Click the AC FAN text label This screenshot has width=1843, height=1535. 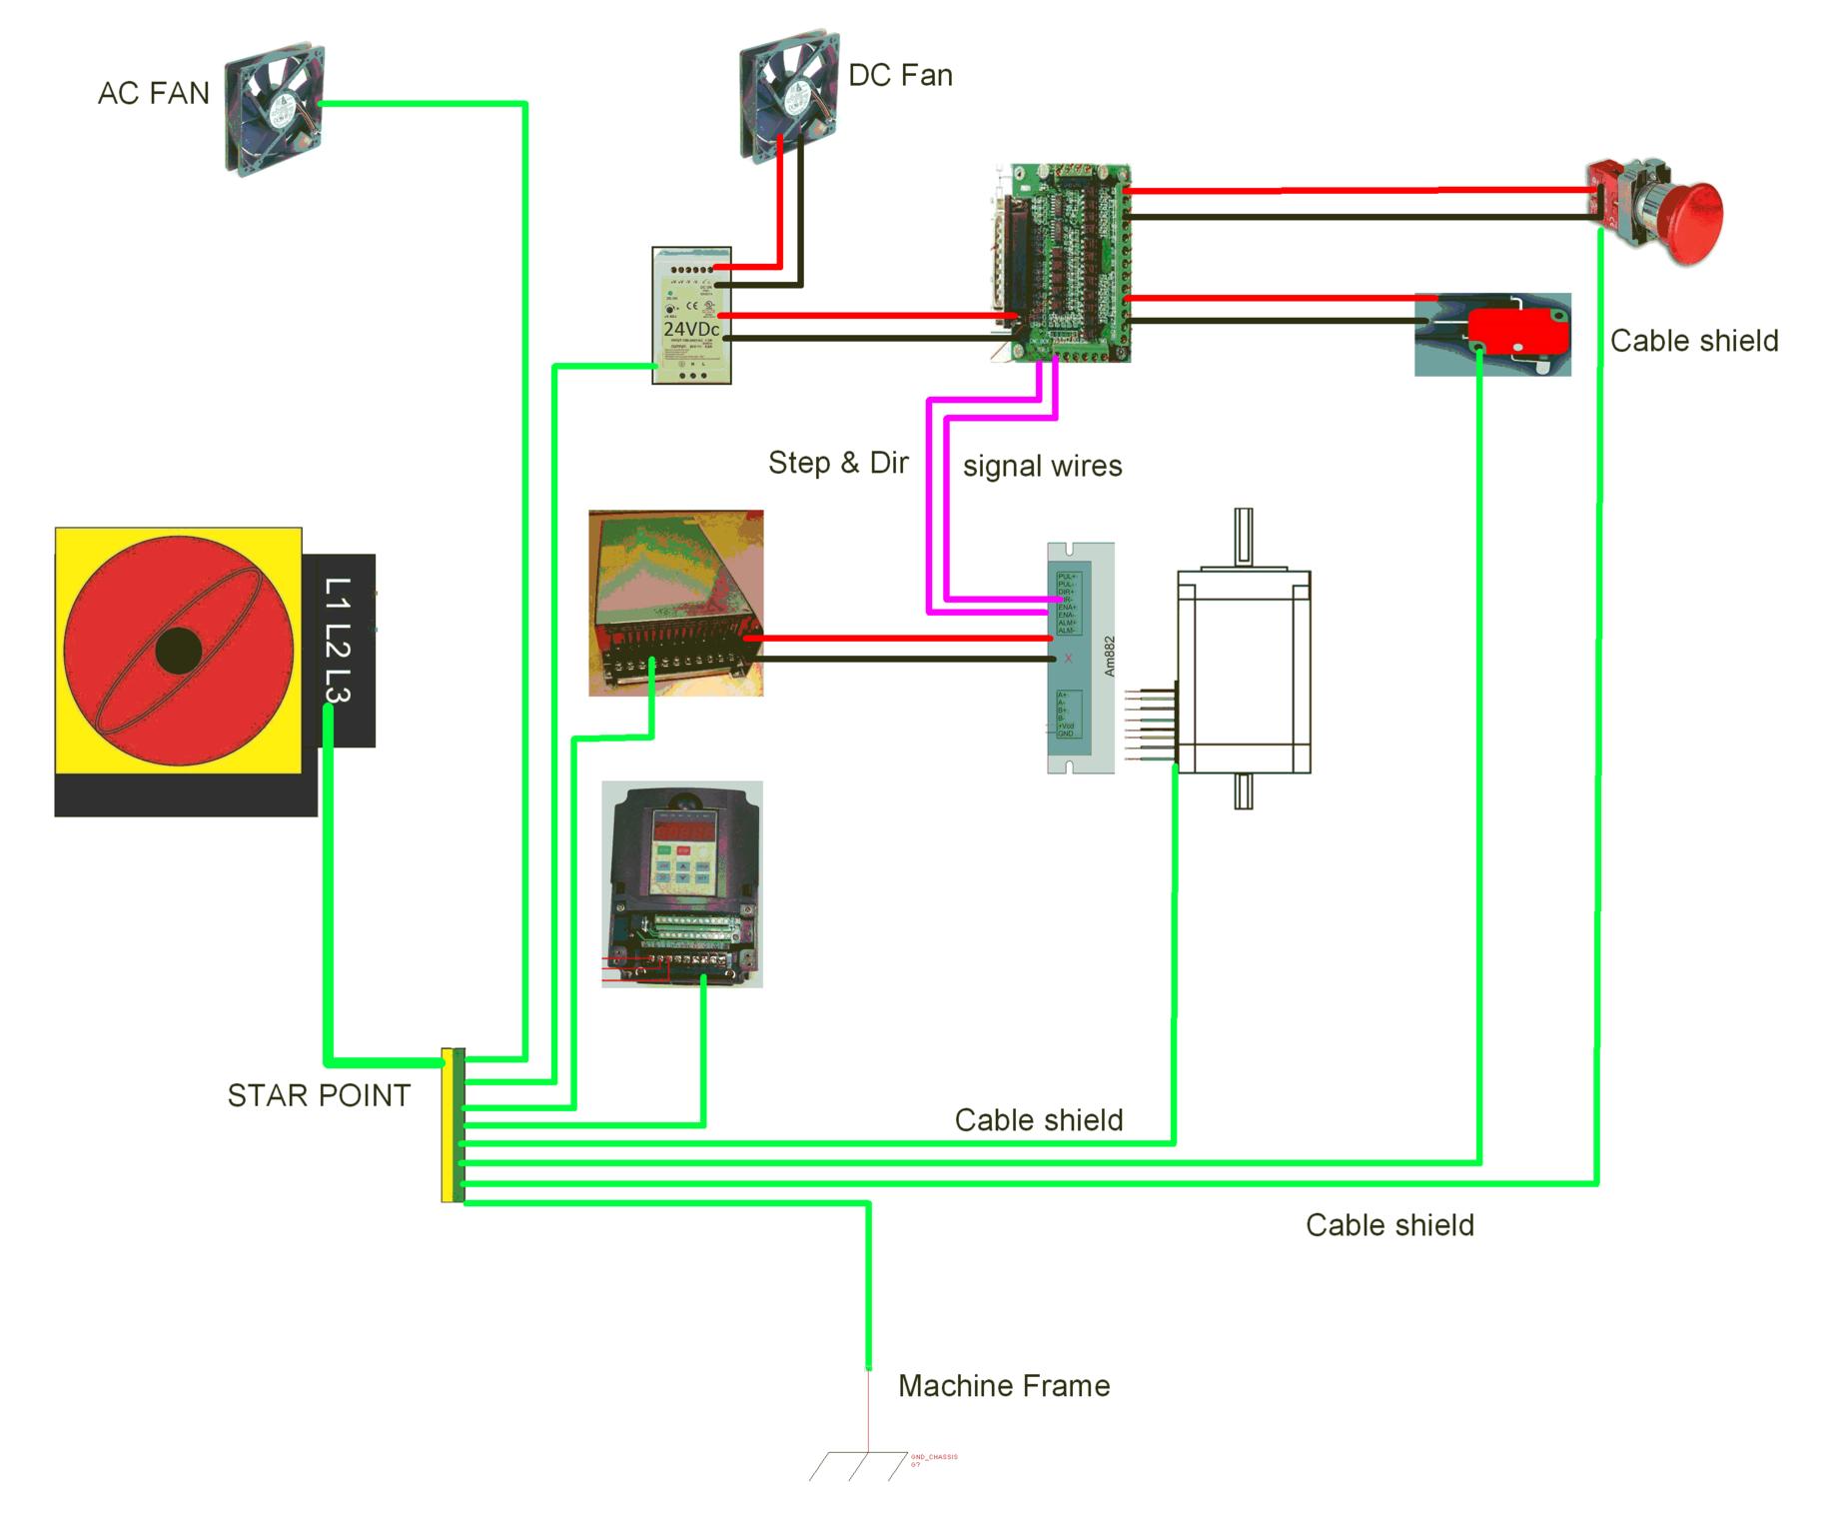pyautogui.click(x=153, y=94)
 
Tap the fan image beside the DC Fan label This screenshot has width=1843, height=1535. pyautogui.click(x=788, y=95)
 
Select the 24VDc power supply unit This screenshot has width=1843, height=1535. pyautogui.click(x=691, y=316)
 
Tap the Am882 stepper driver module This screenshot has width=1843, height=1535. pyautogui.click(x=1080, y=658)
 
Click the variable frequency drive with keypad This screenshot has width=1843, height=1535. pyautogui.click(x=682, y=884)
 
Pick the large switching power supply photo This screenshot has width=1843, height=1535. pyautogui.click(x=676, y=603)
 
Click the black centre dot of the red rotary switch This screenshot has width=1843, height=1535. pyautogui.click(x=179, y=652)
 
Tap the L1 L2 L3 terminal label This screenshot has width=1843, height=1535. pyautogui.click(x=339, y=641)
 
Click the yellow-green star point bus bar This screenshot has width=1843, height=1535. pyautogui.click(x=453, y=1125)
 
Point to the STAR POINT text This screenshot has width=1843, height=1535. pyautogui.click(x=319, y=1096)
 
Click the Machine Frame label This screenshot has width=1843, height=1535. pyautogui.click(x=1004, y=1386)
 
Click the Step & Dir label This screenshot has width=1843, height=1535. pyautogui.click(x=838, y=463)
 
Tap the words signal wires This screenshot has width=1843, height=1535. pyautogui.click(x=1042, y=467)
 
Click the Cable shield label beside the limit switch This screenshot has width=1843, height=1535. pyautogui.click(x=1694, y=341)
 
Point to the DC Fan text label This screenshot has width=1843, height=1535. pyautogui.click(x=900, y=76)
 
